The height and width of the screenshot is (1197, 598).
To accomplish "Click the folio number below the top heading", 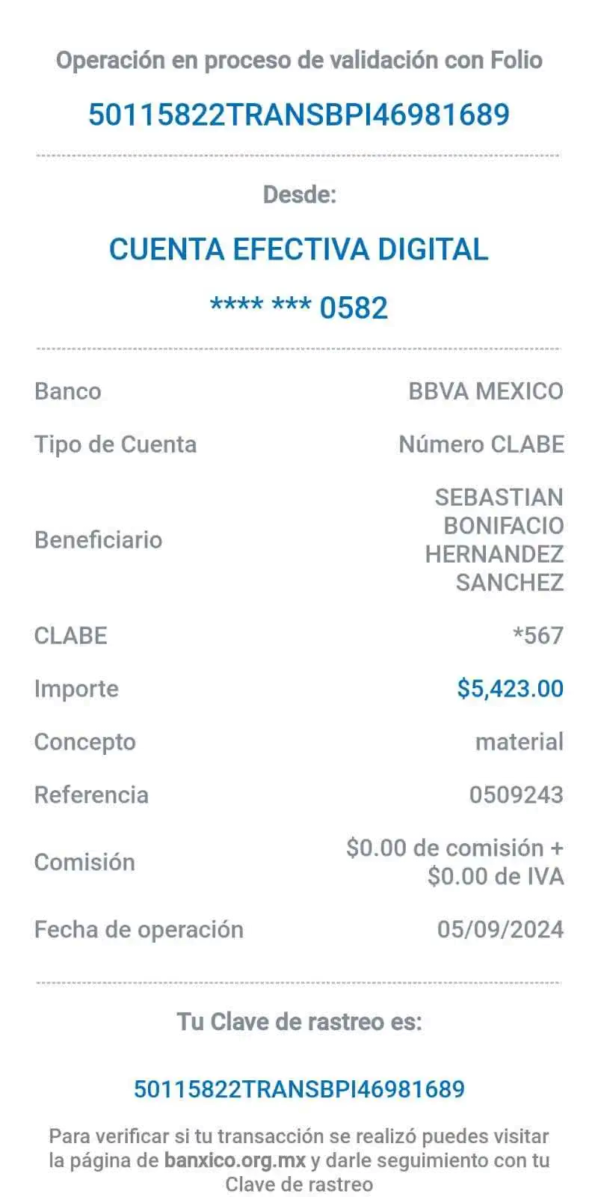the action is [x=299, y=114].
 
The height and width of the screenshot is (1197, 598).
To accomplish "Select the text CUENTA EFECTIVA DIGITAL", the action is [x=299, y=249].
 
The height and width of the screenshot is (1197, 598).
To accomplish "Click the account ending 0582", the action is [x=299, y=307].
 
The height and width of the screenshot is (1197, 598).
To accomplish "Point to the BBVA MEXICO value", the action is [x=486, y=391].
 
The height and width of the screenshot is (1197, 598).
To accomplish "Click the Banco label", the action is [x=68, y=391].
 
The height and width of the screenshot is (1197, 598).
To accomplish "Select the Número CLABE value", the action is [x=481, y=444].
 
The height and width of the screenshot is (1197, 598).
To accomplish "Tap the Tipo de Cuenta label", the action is [x=116, y=444].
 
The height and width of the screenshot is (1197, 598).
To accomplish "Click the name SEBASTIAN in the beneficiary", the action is [x=499, y=498].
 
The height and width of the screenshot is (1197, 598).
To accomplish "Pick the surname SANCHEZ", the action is [x=510, y=583].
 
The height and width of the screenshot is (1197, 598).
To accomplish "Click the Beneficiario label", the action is [x=98, y=539].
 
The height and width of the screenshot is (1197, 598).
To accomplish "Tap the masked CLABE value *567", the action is [x=538, y=635].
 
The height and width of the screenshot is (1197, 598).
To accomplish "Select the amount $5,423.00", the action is [x=511, y=688].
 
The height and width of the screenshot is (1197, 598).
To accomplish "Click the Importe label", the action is [x=76, y=689].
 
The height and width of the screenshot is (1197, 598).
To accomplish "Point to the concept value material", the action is [x=520, y=741].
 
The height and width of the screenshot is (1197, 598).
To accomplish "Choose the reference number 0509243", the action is [x=517, y=795].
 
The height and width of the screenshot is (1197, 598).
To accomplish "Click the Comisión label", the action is [x=85, y=862].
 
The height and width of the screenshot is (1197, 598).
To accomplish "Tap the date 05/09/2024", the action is [x=500, y=929].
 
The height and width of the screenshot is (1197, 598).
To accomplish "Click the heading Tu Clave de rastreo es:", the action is [x=300, y=1022].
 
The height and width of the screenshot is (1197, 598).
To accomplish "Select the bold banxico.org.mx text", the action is [x=235, y=1160].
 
